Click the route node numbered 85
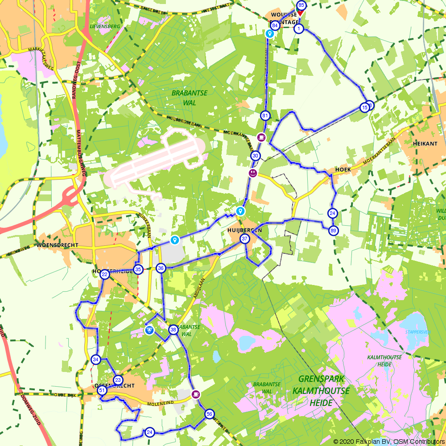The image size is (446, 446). tap(301, 5)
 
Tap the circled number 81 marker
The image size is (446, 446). tap(265, 116)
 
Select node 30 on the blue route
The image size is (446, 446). tap(255, 156)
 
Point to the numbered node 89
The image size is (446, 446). tap(334, 231)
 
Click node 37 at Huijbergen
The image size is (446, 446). tap(244, 239)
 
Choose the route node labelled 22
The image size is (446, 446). tap(105, 274)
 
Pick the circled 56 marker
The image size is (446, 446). tap(209, 414)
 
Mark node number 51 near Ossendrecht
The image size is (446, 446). tap(102, 391)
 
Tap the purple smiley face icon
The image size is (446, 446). tap(253, 173)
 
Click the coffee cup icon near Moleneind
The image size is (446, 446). tap(195, 394)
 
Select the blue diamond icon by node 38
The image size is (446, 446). tap(149, 330)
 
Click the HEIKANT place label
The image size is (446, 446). tap(423, 145)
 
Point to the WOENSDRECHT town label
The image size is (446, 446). tap(58, 245)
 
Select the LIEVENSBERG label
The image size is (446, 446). tap(105, 26)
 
